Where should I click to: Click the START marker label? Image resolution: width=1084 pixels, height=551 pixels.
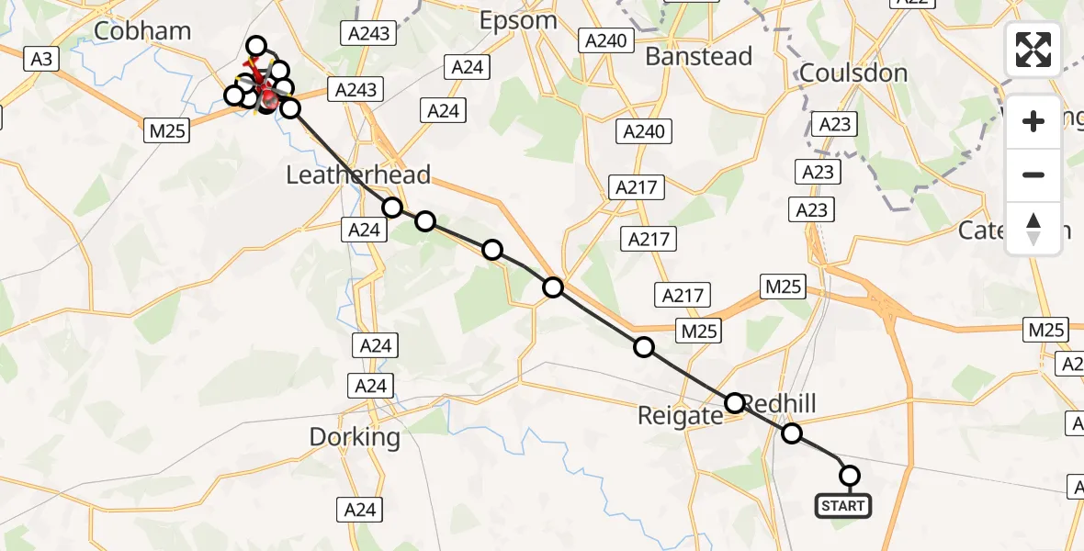842,506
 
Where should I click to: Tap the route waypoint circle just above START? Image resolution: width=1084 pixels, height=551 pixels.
850,476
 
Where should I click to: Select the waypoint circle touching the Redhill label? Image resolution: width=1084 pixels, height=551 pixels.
735,403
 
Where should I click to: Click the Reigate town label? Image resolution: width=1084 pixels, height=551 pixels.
680,416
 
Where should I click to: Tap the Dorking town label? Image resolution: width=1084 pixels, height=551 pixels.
355,437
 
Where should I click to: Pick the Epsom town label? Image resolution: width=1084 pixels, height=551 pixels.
518,20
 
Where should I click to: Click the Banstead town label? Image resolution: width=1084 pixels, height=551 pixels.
698,56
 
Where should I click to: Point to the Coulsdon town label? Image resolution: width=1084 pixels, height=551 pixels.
853,73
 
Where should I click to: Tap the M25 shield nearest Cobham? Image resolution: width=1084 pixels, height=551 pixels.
166,131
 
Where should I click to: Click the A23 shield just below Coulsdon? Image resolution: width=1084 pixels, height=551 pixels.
833,124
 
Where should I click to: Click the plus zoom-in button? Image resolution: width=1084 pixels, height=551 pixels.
1033,121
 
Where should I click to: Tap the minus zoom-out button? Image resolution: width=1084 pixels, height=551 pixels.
1033,174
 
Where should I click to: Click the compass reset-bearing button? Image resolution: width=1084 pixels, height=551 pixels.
1033,228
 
